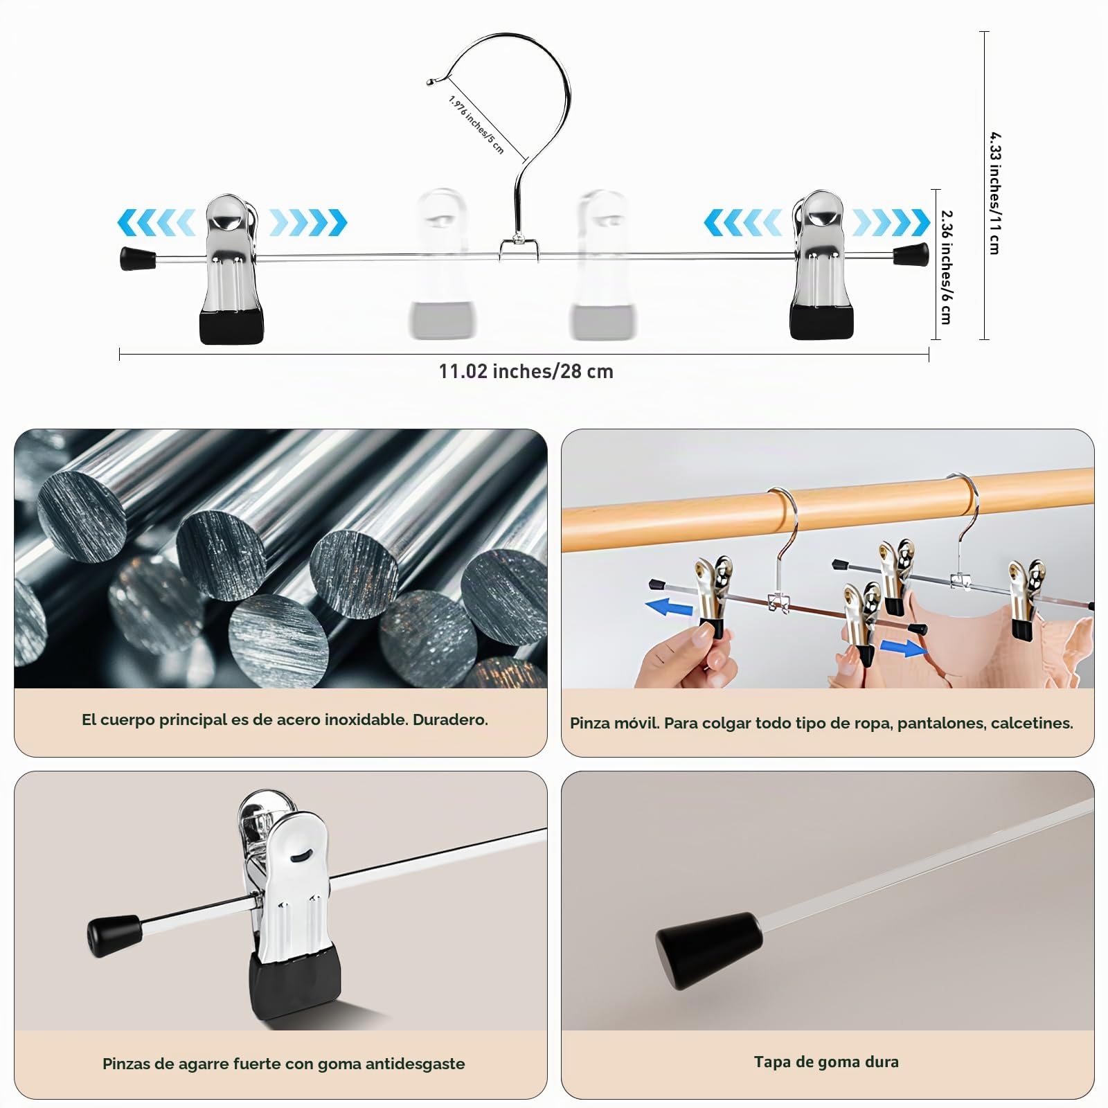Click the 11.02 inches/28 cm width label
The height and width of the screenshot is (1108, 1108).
click(x=526, y=372)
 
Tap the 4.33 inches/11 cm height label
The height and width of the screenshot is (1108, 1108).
click(x=994, y=193)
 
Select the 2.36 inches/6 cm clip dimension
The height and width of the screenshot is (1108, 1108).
click(x=947, y=267)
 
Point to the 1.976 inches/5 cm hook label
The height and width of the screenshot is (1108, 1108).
click(x=476, y=125)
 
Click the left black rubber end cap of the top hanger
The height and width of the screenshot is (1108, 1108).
click(x=138, y=258)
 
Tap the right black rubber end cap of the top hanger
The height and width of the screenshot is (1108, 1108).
click(x=911, y=254)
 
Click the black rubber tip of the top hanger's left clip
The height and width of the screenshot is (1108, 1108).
click(x=231, y=327)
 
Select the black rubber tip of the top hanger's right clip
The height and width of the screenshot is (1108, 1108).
click(x=822, y=322)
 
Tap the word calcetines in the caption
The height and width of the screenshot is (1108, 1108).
click(x=1032, y=724)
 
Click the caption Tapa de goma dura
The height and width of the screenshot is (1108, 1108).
click(x=826, y=1062)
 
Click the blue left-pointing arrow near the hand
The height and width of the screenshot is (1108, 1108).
click(x=669, y=607)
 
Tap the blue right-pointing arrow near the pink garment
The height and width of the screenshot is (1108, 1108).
click(x=904, y=648)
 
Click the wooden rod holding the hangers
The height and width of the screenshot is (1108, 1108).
click(x=828, y=507)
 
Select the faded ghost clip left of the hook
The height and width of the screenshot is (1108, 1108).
click(x=441, y=263)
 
